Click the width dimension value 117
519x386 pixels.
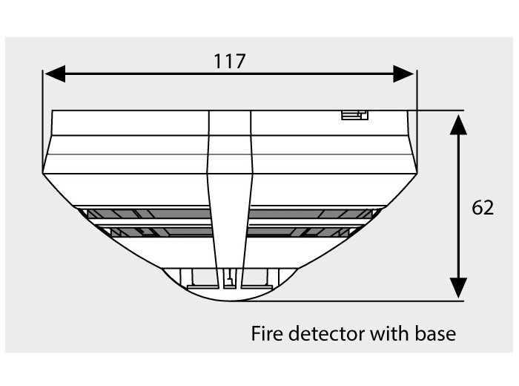tap(229, 62)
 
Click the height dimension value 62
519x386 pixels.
tap(483, 208)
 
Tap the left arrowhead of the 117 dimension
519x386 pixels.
tap(55, 73)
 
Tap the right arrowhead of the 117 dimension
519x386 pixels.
tap(404, 73)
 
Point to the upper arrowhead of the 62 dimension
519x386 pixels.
tap(458, 125)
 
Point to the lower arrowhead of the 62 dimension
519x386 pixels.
tap(458, 288)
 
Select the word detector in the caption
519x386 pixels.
tap(326, 333)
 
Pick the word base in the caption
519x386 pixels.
tap(436, 333)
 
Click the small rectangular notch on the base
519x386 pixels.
tap(354, 115)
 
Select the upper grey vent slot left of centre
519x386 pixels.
tap(149, 214)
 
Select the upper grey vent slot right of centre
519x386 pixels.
tap(310, 214)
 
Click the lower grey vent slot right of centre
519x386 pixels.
tap(302, 232)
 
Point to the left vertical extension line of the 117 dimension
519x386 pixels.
tap(43, 121)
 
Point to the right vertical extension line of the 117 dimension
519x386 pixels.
tap(417, 121)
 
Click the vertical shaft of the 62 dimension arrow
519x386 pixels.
tap(458, 206)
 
